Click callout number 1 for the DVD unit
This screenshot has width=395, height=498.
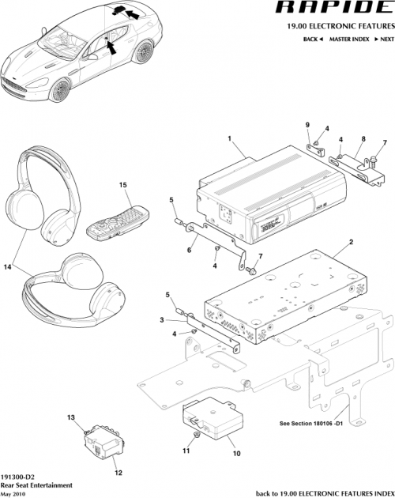tap(229, 139)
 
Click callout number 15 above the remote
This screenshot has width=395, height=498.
tap(122, 185)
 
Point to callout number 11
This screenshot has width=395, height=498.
tap(186, 451)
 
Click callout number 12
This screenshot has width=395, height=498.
tap(120, 473)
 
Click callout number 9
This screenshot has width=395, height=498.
tap(308, 125)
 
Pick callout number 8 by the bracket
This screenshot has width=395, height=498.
tap(362, 139)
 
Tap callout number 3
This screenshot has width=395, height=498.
tap(161, 320)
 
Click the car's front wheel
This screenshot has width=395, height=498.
tap(58, 90)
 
